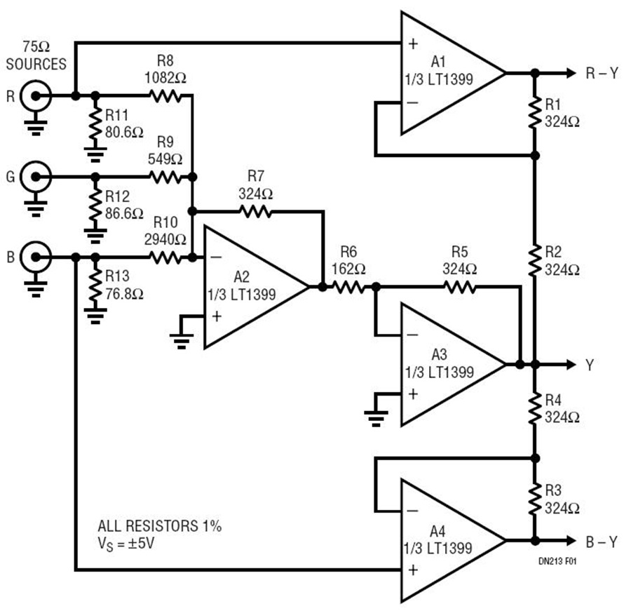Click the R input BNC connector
pos(36,96)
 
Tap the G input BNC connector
pos(36,177)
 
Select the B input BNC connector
pos(36,257)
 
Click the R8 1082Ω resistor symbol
pos(165,96)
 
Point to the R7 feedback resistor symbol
pos(255,211)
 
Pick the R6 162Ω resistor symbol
pos(348,287)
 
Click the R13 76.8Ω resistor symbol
pos(95,286)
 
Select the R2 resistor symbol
pos(535,260)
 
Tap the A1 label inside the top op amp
pos(437,62)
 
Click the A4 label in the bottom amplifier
pos(437,531)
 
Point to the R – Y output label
pos(602,73)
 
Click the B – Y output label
pos(602,542)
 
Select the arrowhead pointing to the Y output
pos(571,365)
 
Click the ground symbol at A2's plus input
pos(181,341)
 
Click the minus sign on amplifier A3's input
pos(412,335)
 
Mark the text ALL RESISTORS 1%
pos(160,526)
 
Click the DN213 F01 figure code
pos(557,560)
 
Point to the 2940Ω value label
pos(165,240)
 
